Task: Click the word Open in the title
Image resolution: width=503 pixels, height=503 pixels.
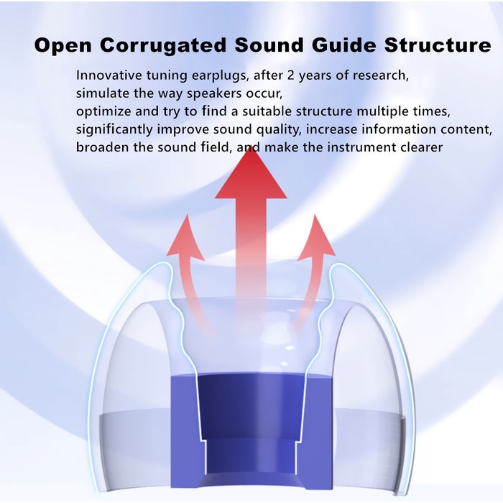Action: pyautogui.click(x=63, y=46)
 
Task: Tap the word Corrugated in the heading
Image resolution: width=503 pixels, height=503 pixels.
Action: pyautogui.click(x=163, y=45)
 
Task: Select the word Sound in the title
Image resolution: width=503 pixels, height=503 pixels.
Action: pyautogui.click(x=269, y=45)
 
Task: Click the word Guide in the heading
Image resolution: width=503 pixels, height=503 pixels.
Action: pyautogui.click(x=344, y=45)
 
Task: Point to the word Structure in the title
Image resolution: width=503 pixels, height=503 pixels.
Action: pyautogui.click(x=438, y=45)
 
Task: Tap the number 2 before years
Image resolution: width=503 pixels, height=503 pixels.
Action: pyautogui.click(x=290, y=75)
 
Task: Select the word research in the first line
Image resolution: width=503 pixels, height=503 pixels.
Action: pyautogui.click(x=380, y=75)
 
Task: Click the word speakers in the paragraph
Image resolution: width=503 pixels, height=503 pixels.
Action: pyautogui.click(x=214, y=93)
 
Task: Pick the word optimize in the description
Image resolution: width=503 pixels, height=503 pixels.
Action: pyautogui.click(x=103, y=112)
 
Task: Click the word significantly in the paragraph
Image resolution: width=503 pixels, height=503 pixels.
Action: pyautogui.click(x=114, y=129)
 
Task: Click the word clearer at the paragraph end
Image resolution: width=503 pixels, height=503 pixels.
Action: pyautogui.click(x=422, y=147)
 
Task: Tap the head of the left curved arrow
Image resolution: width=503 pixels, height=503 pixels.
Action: pyautogui.click(x=185, y=237)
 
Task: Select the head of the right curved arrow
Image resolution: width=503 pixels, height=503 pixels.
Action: pyautogui.click(x=316, y=237)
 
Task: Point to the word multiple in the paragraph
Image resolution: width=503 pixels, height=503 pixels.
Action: pyautogui.click(x=382, y=112)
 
